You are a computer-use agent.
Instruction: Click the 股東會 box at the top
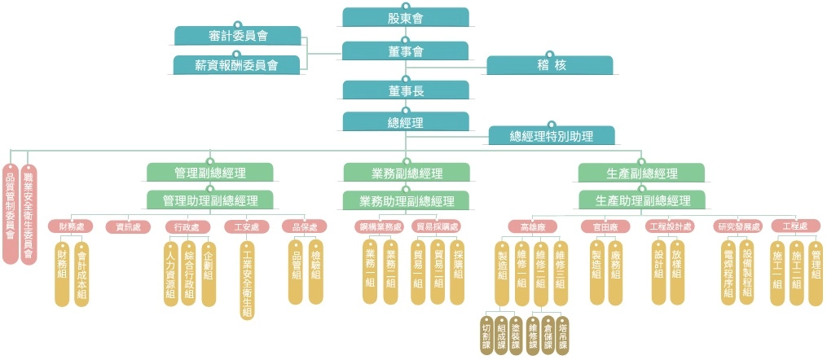coord(406,17)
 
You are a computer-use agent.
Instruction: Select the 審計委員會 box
coord(238,35)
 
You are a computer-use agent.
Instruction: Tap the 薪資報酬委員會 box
coord(237,64)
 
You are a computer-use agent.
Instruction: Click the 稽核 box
coord(550,64)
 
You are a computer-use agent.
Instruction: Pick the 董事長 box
coord(406,90)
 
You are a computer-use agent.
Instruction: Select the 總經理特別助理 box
coord(552,135)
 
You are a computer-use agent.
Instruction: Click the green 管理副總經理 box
coord(210,173)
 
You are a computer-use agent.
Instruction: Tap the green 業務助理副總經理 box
coord(406,200)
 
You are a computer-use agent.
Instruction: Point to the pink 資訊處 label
coord(128,226)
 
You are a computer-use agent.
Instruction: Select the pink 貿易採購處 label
coord(437,226)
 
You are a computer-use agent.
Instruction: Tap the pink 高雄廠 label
coord(531,226)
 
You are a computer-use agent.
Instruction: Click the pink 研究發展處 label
coord(737,226)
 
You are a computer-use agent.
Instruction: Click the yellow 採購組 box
coord(458,271)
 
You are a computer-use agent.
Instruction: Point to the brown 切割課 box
coord(486,335)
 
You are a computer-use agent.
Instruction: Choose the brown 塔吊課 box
coord(563,335)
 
